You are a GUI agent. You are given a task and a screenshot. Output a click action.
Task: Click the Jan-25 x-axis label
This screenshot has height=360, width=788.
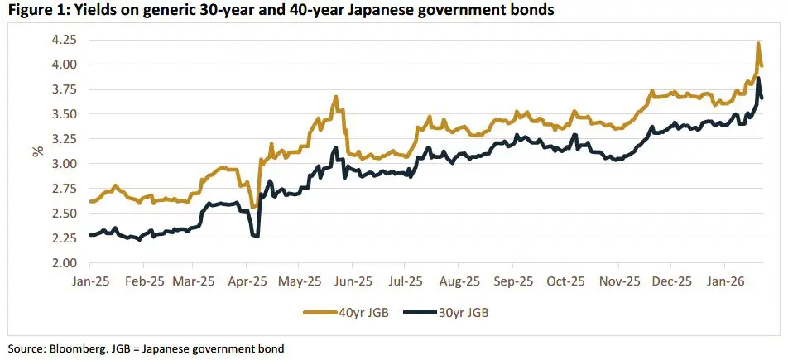pos(91,281)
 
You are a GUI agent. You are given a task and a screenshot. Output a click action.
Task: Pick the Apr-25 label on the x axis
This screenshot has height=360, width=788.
pos(248,281)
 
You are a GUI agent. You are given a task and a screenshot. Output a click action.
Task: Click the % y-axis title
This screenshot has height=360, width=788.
pos(37,151)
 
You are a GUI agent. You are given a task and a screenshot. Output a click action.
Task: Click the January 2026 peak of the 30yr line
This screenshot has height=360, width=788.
pos(758,79)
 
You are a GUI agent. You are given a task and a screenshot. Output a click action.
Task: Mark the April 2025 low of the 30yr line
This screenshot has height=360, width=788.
pos(258,237)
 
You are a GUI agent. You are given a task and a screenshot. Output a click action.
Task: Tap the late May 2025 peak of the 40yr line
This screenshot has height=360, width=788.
pos(336,97)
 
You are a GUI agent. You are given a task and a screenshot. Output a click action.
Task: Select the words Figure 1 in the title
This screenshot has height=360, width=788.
pos(32,10)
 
